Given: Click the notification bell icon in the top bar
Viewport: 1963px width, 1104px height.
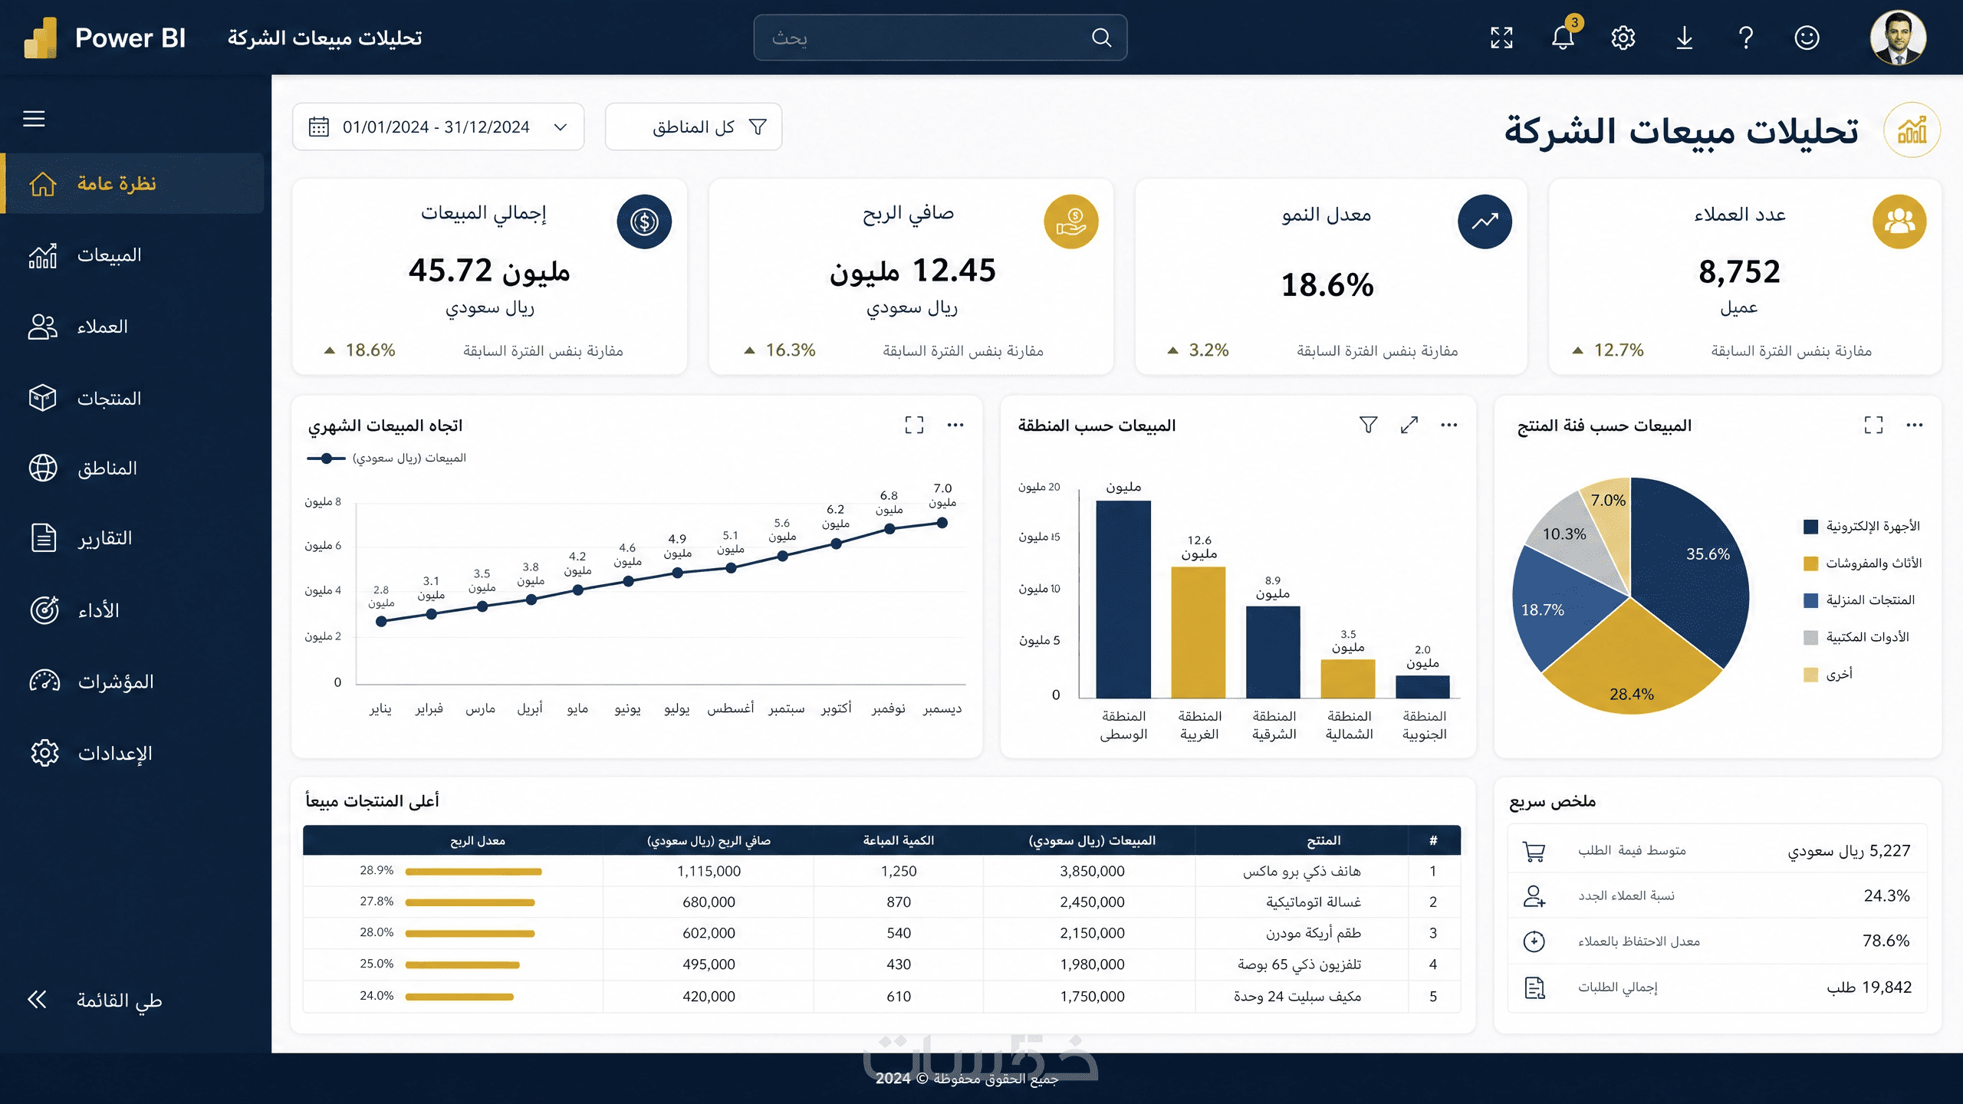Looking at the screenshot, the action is coord(1562,38).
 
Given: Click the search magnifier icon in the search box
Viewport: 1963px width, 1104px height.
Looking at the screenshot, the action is coord(1101,38).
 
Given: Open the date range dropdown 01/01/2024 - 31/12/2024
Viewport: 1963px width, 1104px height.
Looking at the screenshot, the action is coord(438,127).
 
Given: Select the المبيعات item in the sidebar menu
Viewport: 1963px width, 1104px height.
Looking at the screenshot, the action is coord(110,255).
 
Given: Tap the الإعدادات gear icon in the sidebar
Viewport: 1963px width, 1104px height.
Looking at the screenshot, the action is coord(44,753).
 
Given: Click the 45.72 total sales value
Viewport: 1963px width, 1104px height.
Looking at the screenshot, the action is coord(450,271).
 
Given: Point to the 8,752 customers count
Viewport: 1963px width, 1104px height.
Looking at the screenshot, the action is coord(1739,271).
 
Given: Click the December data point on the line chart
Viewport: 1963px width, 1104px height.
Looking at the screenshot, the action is coord(942,523).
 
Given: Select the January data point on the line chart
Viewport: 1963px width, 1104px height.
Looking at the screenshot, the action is coord(381,622).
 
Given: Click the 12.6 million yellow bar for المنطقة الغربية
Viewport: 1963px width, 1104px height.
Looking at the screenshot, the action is coord(1199,632).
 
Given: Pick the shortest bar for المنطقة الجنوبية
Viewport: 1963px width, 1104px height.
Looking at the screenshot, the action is coord(1423,687).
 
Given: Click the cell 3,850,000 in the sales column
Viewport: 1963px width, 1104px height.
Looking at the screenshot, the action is coord(1092,871).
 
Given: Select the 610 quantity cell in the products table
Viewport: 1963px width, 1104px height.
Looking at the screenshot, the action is coord(899,996).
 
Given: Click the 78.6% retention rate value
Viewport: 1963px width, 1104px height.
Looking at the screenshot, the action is coord(1886,941).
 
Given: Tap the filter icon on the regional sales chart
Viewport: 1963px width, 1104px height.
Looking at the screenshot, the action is coord(1368,425).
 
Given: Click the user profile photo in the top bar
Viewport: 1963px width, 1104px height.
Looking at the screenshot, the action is coord(1898,38).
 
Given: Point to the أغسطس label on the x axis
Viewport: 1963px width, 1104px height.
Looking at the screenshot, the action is coord(730,709).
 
